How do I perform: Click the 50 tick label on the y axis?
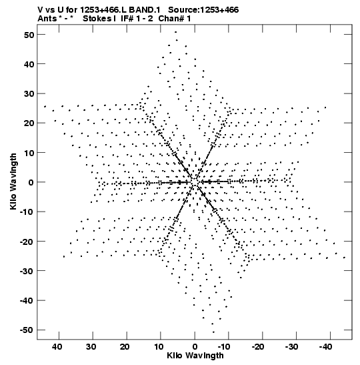(x=29, y=35)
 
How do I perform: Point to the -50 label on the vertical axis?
(x=27, y=330)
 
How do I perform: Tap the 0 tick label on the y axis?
(x=31, y=182)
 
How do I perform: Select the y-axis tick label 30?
(x=29, y=94)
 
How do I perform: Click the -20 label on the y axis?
(x=27, y=242)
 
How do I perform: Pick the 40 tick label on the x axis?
(x=57, y=347)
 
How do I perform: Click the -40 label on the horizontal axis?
(x=325, y=347)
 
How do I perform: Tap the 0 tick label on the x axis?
(x=195, y=347)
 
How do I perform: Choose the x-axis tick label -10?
(x=223, y=347)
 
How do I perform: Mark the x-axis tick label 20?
(x=125, y=347)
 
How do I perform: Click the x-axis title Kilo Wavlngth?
(x=195, y=356)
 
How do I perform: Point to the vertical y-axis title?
(x=13, y=181)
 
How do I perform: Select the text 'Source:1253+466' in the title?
(x=203, y=10)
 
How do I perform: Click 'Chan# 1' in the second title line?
(x=175, y=19)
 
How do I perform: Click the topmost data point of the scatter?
(x=176, y=32)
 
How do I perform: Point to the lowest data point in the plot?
(x=213, y=332)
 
